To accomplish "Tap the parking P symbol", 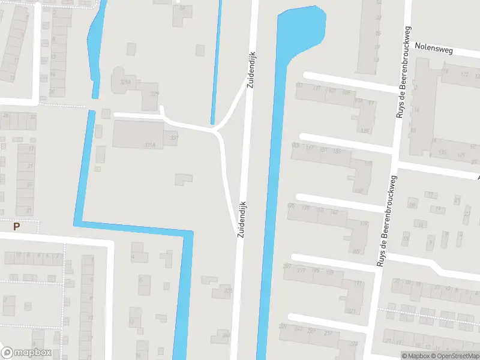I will pyautogui.click(x=17, y=226).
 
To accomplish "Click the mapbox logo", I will pyautogui.click(x=26, y=353).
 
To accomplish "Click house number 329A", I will pyautogui.click(x=125, y=82).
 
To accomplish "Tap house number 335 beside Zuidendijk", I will pyautogui.click(x=228, y=291).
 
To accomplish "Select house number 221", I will pyautogui.click(x=352, y=311).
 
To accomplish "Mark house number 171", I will pyautogui.click(x=358, y=283).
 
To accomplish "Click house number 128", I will pyautogui.click(x=365, y=130).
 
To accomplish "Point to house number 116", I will pyautogui.click(x=445, y=71).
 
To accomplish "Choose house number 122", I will pyautogui.click(x=464, y=74).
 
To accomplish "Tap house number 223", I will pyautogui.click(x=354, y=343).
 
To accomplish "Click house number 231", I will pyautogui.click(x=328, y=333).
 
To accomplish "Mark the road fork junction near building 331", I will pyautogui.click(x=216, y=129).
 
